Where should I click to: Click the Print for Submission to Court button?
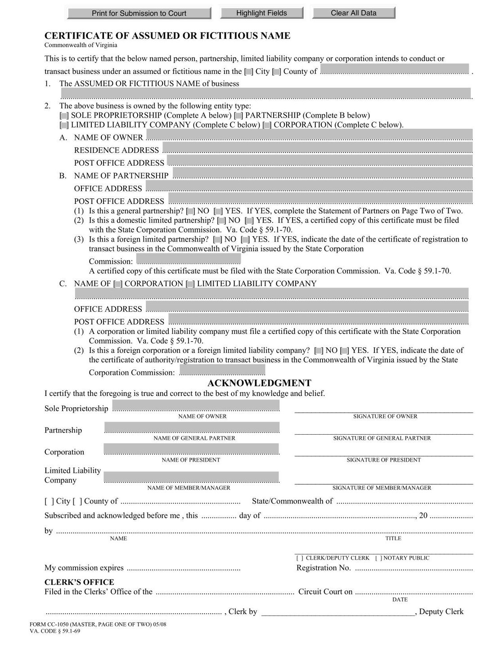click(139, 13)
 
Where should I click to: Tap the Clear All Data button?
click(353, 13)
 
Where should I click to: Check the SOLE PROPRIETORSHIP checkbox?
click(64, 116)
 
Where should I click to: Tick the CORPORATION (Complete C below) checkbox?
click(267, 125)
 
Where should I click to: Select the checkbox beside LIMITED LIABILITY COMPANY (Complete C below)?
click(64, 125)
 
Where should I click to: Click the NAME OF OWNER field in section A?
click(309, 135)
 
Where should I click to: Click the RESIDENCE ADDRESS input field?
click(317, 148)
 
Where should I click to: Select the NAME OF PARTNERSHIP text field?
click(323, 173)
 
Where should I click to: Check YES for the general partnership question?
click(218, 211)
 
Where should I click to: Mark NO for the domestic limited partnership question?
click(221, 220)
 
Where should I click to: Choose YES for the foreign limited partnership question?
click(245, 239)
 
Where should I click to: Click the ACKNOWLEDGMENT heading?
click(259, 383)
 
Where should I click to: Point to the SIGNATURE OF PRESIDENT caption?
click(383, 460)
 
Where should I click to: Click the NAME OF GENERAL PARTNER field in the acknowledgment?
click(192, 427)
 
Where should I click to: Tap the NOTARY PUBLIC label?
click(406, 558)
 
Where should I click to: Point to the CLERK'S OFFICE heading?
click(79, 582)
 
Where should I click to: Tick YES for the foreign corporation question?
click(344, 351)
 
